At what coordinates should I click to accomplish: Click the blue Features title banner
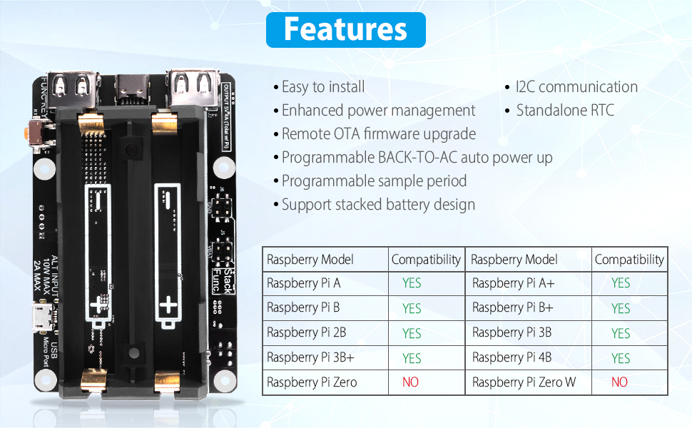[345, 30]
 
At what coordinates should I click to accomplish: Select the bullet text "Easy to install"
[322, 87]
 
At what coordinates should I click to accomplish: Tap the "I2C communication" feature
[576, 87]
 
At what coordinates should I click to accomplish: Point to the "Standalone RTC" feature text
[564, 111]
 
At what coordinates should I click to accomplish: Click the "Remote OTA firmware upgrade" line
[378, 134]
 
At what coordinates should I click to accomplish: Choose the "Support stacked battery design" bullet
[378, 205]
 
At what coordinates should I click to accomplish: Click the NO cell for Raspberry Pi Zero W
[619, 382]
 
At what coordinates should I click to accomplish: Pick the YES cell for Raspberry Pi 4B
[621, 358]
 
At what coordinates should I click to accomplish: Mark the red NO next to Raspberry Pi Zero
[410, 382]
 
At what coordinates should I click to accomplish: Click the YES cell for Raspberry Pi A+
[621, 283]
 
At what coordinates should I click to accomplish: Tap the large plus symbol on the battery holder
[168, 306]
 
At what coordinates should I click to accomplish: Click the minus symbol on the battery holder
[98, 203]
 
